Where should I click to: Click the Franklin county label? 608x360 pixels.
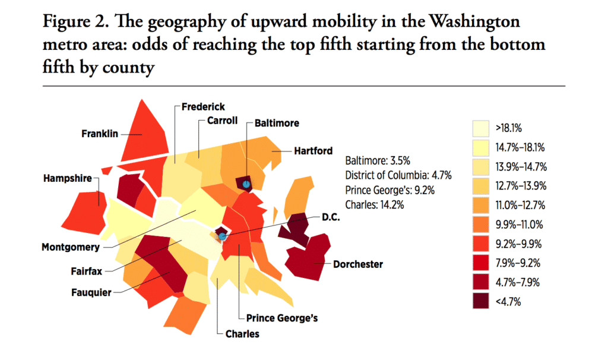click(100, 134)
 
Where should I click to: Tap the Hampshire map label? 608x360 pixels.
click(66, 178)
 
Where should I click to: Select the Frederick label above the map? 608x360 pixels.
click(203, 107)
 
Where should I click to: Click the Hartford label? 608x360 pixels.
click(313, 151)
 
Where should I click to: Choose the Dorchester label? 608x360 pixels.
click(358, 264)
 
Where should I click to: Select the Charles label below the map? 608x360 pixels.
click(242, 333)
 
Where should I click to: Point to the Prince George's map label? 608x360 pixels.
click(278, 318)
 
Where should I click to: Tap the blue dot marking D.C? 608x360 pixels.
click(223, 236)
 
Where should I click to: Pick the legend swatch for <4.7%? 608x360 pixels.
click(481, 301)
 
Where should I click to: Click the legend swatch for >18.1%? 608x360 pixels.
click(481, 128)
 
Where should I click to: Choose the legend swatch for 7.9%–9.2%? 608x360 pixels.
click(481, 263)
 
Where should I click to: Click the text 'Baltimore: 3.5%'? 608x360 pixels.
click(378, 160)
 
